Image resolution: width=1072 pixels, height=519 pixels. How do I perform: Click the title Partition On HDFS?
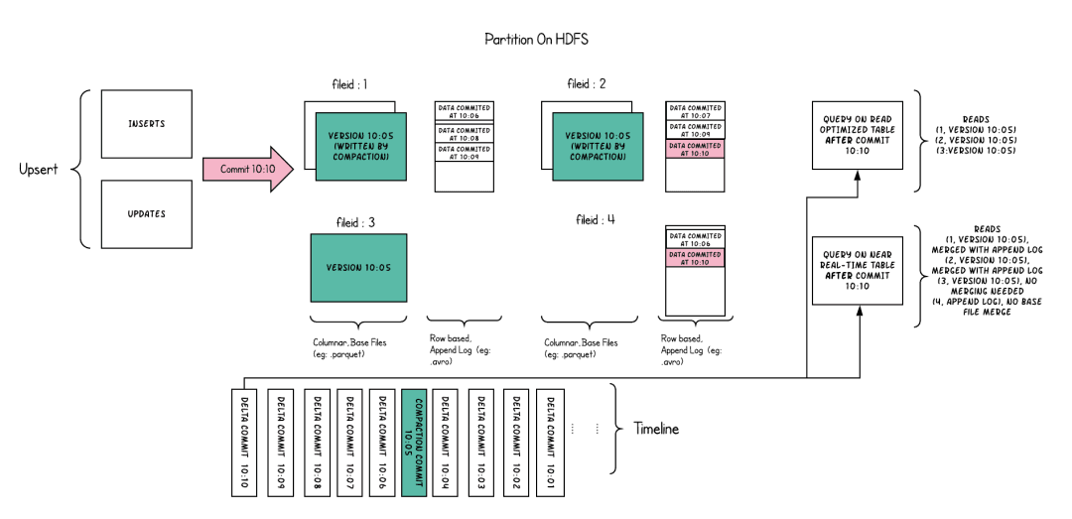(536, 40)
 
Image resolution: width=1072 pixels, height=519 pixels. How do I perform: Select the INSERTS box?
(147, 124)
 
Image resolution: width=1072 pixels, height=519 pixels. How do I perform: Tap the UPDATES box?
(147, 214)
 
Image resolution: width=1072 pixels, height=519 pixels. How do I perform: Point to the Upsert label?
(39, 169)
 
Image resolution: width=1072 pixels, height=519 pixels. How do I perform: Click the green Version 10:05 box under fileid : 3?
(358, 268)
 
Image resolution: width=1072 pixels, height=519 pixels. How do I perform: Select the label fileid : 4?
(596, 219)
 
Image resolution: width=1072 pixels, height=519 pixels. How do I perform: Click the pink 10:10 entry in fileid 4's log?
(695, 257)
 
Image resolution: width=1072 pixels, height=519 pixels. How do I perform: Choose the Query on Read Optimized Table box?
(858, 135)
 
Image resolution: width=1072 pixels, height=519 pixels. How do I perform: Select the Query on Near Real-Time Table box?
(858, 270)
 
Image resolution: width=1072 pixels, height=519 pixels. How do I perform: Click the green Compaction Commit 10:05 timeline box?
(415, 442)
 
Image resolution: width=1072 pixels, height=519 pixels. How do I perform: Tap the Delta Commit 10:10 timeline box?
(243, 442)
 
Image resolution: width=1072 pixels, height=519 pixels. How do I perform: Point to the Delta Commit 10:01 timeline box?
(550, 442)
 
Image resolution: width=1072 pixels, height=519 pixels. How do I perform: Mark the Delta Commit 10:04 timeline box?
(447, 442)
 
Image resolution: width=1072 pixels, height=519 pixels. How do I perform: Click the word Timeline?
(656, 429)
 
